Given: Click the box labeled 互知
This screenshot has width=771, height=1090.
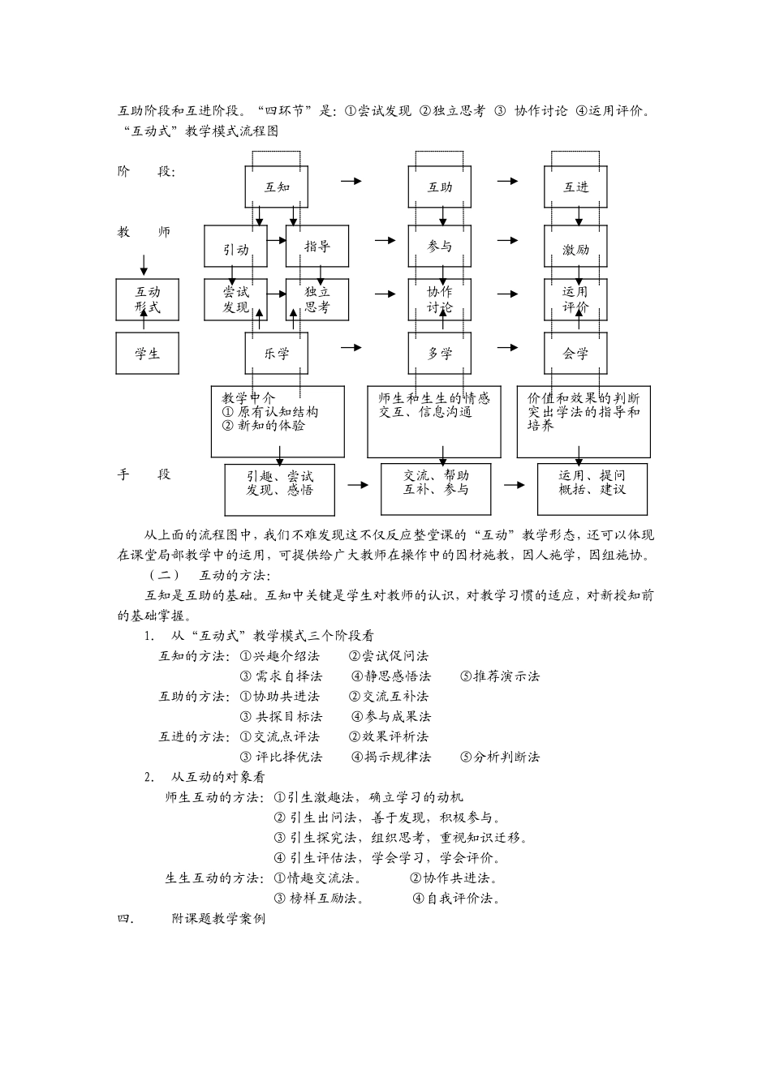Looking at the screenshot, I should tap(277, 187).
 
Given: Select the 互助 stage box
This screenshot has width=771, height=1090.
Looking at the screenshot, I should tap(440, 187).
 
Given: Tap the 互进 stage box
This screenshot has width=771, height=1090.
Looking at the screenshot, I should tap(575, 187).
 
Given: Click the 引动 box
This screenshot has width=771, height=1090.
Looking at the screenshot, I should tap(235, 247).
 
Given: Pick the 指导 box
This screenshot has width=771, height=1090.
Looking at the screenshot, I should tap(317, 247).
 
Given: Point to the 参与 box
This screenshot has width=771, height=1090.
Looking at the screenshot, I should tap(440, 246).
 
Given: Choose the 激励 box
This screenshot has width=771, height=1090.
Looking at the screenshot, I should tap(575, 247).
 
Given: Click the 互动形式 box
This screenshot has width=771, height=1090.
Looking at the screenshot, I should tap(147, 299).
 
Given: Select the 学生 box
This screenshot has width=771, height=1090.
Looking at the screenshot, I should tap(147, 354).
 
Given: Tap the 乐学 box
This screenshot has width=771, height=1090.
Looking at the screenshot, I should tap(277, 353).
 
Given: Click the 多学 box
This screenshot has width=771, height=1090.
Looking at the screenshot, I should tap(440, 353).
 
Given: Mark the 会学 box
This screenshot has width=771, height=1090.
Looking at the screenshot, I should tap(575, 353).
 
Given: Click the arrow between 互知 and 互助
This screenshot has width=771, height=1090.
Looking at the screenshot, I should tap(351, 181).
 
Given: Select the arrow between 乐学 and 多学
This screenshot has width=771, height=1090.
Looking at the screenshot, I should tap(351, 347).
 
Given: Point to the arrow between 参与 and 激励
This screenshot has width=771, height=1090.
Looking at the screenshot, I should tap(507, 240).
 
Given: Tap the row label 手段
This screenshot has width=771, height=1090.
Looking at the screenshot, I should tap(144, 474).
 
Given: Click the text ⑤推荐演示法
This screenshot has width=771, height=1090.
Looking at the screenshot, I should tap(499, 676).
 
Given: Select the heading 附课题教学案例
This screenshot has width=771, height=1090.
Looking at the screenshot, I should tap(218, 919).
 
